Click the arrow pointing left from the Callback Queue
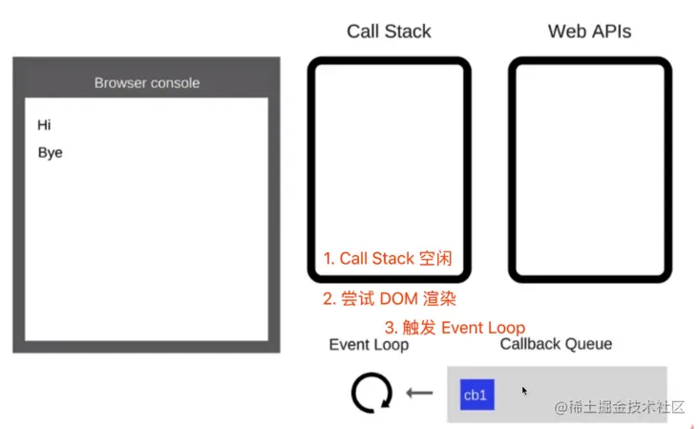coord(419,393)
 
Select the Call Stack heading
coord(389,32)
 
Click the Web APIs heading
coord(589,32)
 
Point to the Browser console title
coord(147,83)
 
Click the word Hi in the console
coord(44,125)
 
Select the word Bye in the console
coord(50,153)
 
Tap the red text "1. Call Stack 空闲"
coord(387,259)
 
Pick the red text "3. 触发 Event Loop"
coord(455,327)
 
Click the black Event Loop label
coord(369,345)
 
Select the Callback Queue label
coord(556,344)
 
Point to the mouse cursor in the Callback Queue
coord(525,390)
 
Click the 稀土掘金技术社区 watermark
coord(620,407)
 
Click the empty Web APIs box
coord(589,170)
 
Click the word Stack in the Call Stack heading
coord(408,32)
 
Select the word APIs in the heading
coord(611,32)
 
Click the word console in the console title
coord(173,83)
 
